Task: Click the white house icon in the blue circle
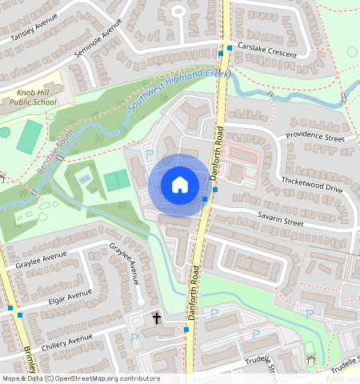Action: coord(180,185)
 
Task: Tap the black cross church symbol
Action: coord(156,318)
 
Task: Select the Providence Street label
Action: coord(314,137)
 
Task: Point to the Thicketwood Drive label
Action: coord(311,186)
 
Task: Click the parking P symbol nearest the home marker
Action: coord(148,153)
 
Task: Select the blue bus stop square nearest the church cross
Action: coord(186,328)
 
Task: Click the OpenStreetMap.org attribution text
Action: coord(116,378)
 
